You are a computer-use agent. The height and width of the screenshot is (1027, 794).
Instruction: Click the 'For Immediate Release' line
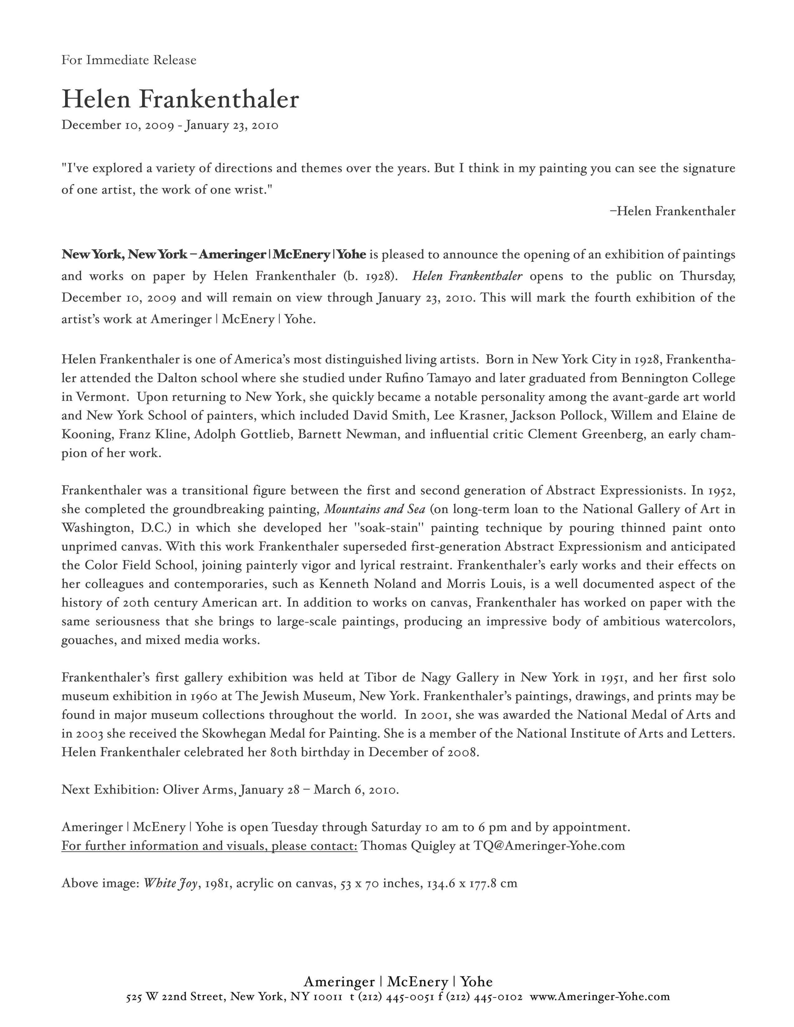[x=129, y=60]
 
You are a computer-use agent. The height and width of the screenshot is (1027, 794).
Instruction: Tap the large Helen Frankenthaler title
[x=180, y=99]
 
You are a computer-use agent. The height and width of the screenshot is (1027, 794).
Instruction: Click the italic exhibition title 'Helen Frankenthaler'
[x=467, y=276]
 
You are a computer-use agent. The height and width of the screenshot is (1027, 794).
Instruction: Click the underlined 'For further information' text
[x=209, y=846]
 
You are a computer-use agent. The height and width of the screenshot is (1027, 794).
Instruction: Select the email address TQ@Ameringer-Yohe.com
[x=549, y=846]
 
